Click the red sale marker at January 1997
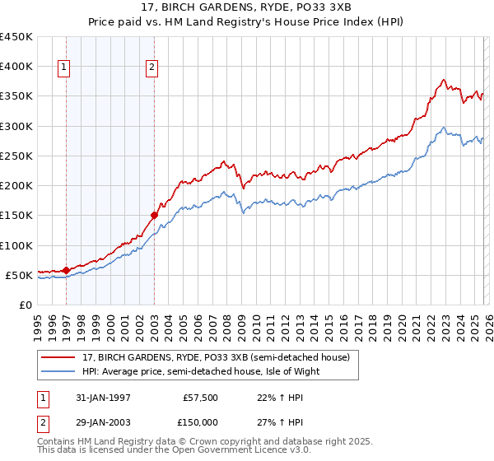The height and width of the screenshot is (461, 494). (66, 269)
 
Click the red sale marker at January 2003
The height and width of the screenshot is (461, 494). (154, 215)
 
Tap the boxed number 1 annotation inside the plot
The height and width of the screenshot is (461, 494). (65, 68)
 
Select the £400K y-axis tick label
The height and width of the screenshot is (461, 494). (16, 67)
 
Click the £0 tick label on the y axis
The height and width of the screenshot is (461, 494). (26, 305)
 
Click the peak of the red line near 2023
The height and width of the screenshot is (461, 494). (443, 80)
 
